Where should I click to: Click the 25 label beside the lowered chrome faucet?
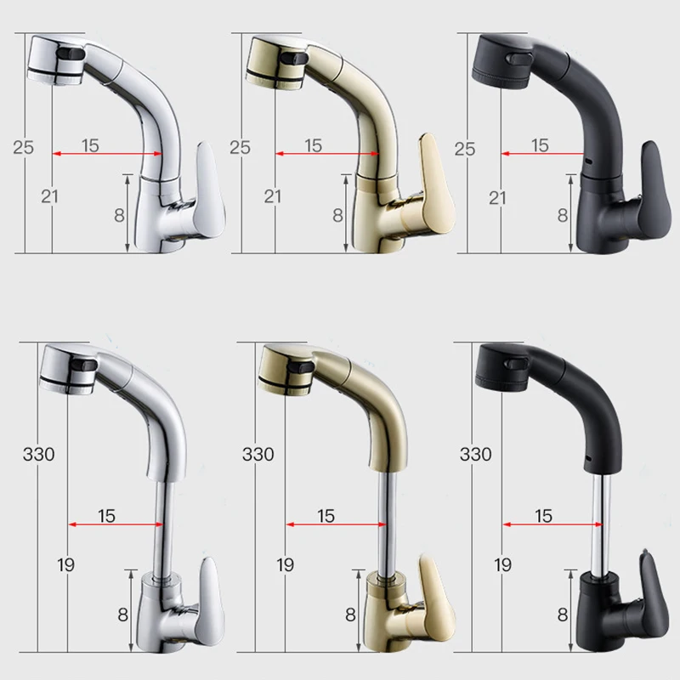[x=23, y=146]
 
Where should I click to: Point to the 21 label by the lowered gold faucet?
[x=272, y=196]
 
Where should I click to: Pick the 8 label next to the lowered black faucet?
[x=562, y=215]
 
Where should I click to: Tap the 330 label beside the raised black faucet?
[x=476, y=454]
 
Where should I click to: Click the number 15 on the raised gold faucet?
[x=326, y=515]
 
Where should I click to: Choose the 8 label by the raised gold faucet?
[x=349, y=614]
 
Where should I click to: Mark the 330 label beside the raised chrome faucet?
[x=38, y=454]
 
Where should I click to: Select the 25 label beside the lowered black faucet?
[x=465, y=146]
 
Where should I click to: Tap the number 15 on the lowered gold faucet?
[x=313, y=145]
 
